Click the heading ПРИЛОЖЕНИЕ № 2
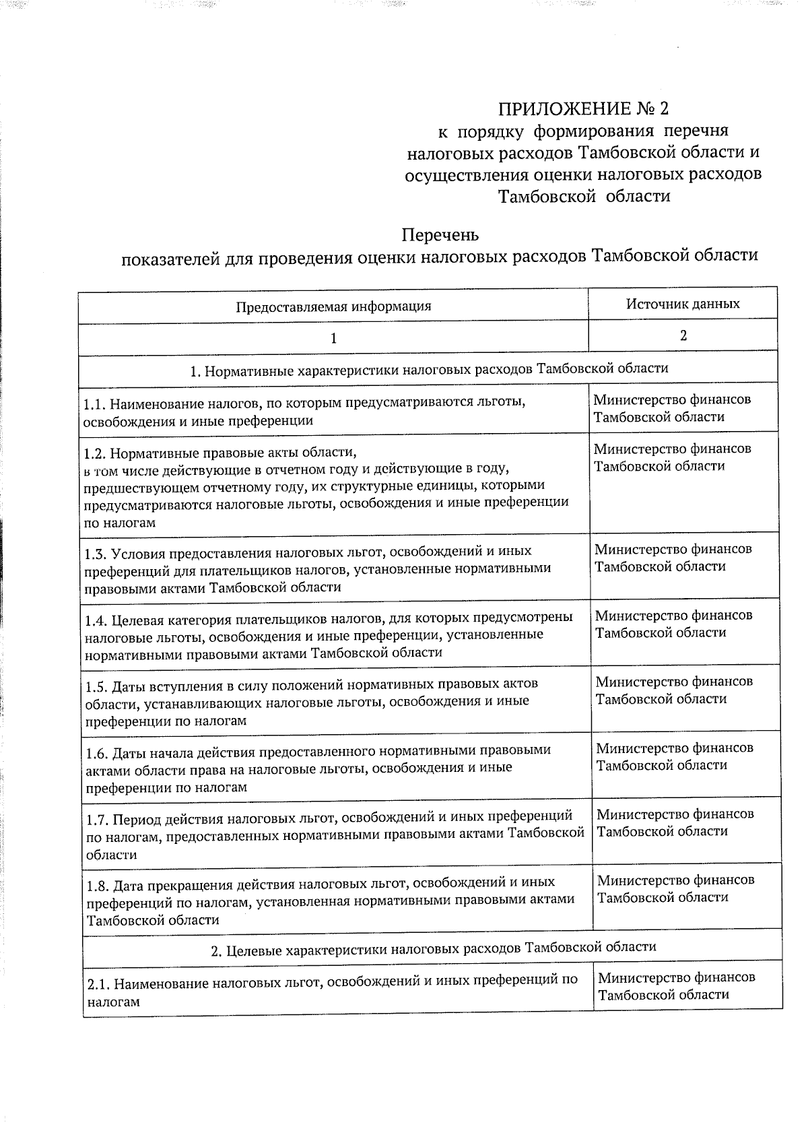[x=584, y=108]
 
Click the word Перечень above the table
[x=440, y=235]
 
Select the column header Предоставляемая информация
[x=333, y=307]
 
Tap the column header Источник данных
[x=683, y=304]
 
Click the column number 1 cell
[x=333, y=338]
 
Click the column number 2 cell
[x=683, y=335]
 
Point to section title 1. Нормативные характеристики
[x=429, y=369]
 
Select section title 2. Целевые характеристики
[x=433, y=947]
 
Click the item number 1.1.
[x=94, y=404]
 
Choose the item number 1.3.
[x=96, y=554]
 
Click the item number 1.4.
[x=97, y=620]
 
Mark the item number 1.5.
[x=98, y=686]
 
